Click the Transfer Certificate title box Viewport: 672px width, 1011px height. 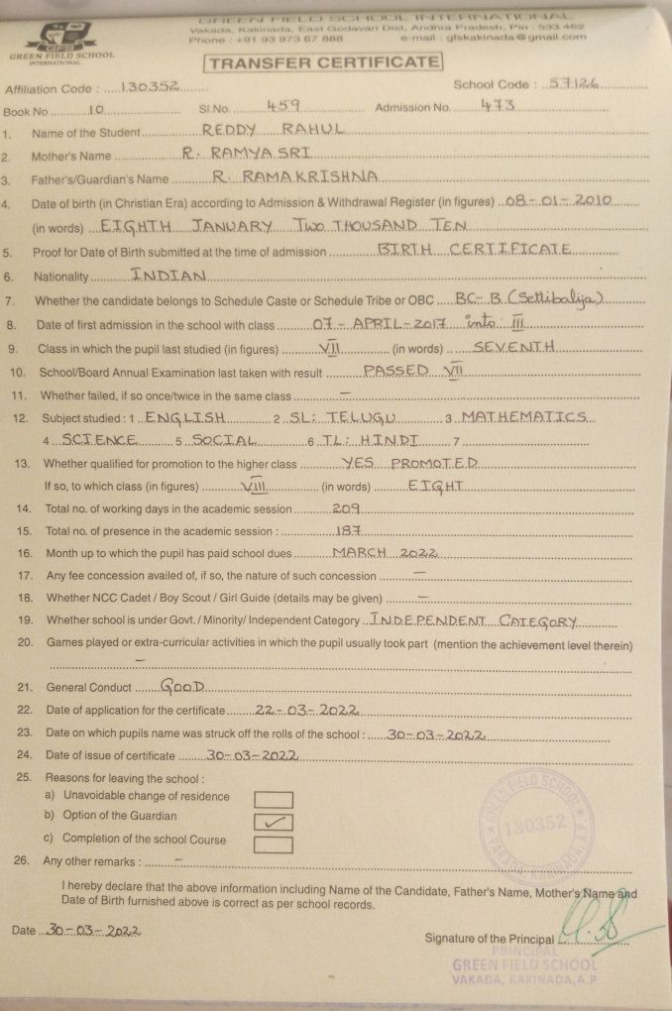323,62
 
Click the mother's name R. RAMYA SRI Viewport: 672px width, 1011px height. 248,155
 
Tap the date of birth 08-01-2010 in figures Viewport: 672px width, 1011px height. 562,202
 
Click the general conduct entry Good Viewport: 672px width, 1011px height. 182,686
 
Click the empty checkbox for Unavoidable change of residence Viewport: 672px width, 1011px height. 274,799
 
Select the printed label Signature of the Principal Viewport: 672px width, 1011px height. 489,939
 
